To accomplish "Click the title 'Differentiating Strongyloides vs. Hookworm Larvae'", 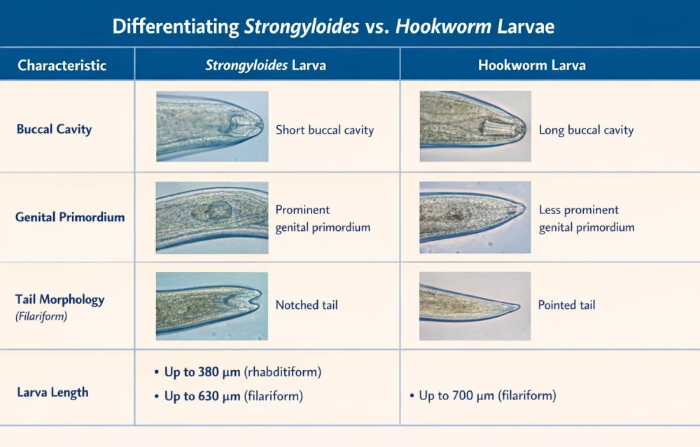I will [333, 27].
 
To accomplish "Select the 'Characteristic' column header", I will [62, 66].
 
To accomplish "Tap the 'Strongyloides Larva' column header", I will [265, 66].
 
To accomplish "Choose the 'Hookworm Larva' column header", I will [531, 66].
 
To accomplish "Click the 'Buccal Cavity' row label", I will [54, 129].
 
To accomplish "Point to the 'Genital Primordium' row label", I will [70, 217].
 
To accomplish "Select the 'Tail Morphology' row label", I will [59, 300].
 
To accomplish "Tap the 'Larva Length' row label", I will [52, 392].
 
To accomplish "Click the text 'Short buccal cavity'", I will [324, 130].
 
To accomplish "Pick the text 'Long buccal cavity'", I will [586, 130].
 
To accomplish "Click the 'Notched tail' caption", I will [307, 305].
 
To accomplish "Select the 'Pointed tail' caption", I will [566, 305].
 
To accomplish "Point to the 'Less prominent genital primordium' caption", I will [586, 218].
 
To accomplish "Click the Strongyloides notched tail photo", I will [212, 306].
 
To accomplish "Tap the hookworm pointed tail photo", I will [475, 306].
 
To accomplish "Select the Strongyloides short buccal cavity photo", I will [212, 127].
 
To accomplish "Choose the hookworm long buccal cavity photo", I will [475, 127].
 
